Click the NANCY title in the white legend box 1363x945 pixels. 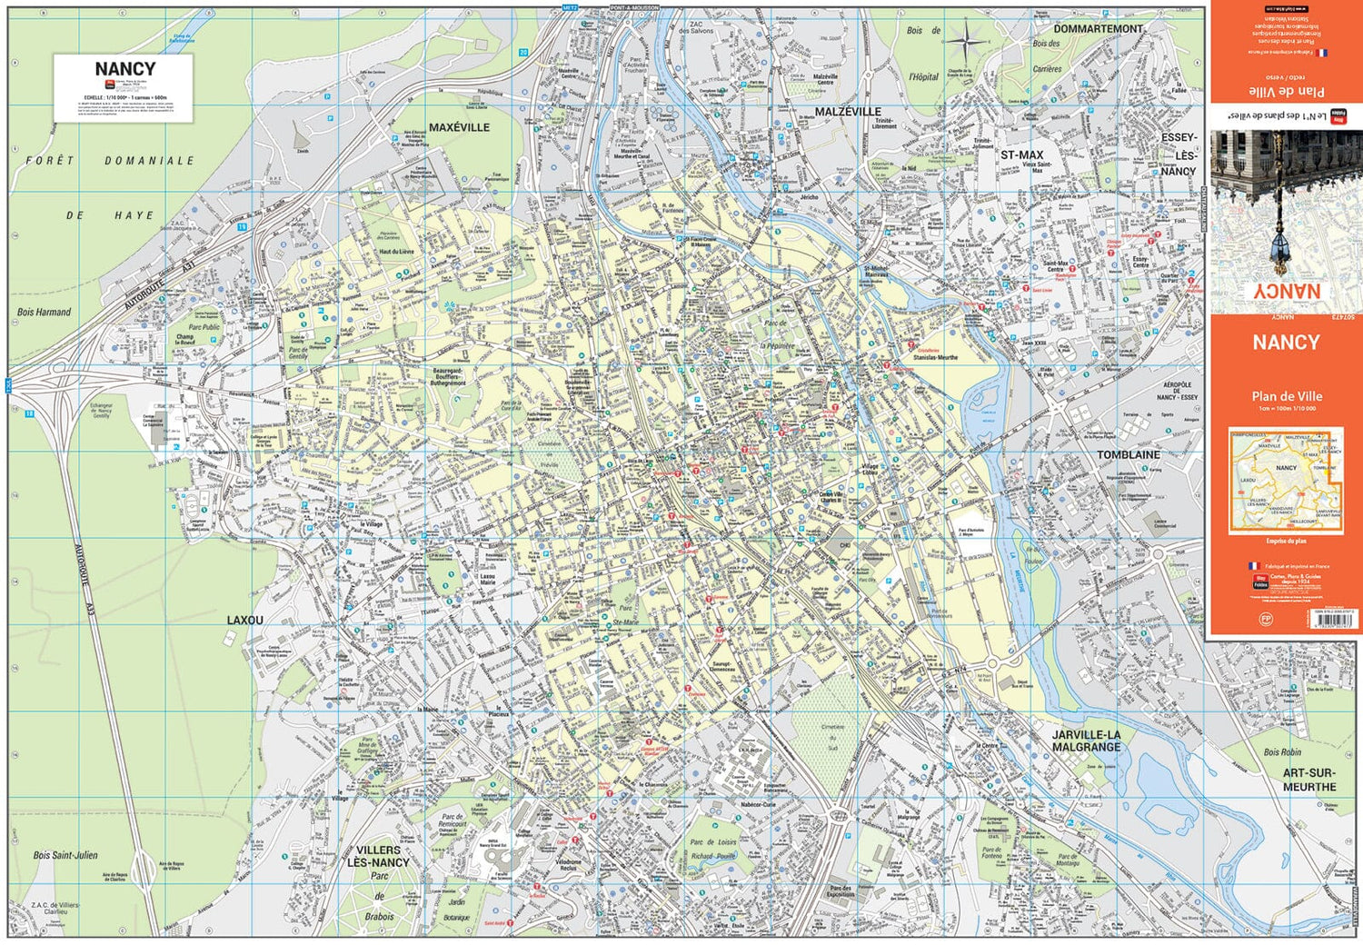coord(124,69)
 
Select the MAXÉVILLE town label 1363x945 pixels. coord(459,128)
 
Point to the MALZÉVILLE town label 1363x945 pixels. coord(847,112)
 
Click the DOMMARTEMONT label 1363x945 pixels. coord(1098,29)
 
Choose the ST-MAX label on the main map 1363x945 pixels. coord(1021,155)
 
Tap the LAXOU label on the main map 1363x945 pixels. coord(244,621)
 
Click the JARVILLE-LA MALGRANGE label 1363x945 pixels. coord(1086,741)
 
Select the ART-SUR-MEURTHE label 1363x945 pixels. coord(1308,780)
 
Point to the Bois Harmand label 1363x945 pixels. coord(44,313)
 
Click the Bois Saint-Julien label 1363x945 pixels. coord(65,855)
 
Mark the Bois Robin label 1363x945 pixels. coord(1281,752)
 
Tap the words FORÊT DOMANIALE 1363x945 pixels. coord(109,161)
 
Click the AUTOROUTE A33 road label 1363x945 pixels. coord(84,582)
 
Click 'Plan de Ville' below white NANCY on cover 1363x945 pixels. coord(1286,396)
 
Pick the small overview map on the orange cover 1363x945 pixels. coord(1285,481)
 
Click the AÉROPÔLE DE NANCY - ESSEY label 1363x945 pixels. coord(1177,391)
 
